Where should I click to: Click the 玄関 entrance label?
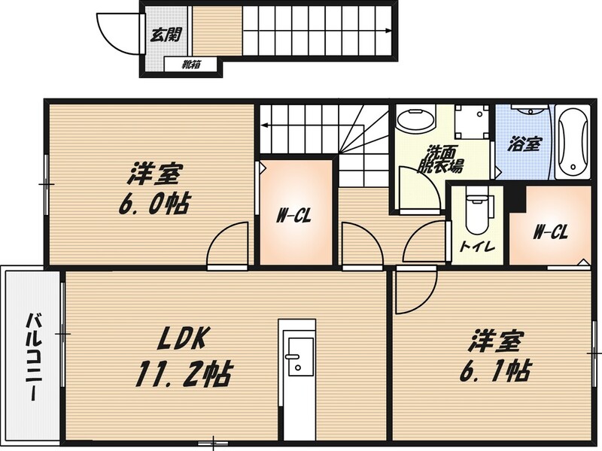tap(166, 35)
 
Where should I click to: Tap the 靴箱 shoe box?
tap(192, 65)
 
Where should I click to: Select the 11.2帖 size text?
tap(184, 374)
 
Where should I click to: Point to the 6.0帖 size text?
tap(154, 204)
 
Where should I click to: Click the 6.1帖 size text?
tap(495, 371)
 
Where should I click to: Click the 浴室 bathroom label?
tap(524, 144)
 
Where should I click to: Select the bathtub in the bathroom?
tap(573, 143)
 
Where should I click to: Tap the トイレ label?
tap(477, 247)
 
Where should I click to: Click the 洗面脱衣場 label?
tap(442, 159)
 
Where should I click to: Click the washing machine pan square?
tap(473, 122)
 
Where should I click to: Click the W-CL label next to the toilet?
tap(551, 232)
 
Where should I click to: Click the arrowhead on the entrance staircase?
tap(388, 31)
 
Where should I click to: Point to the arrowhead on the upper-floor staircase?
tap(265, 125)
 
